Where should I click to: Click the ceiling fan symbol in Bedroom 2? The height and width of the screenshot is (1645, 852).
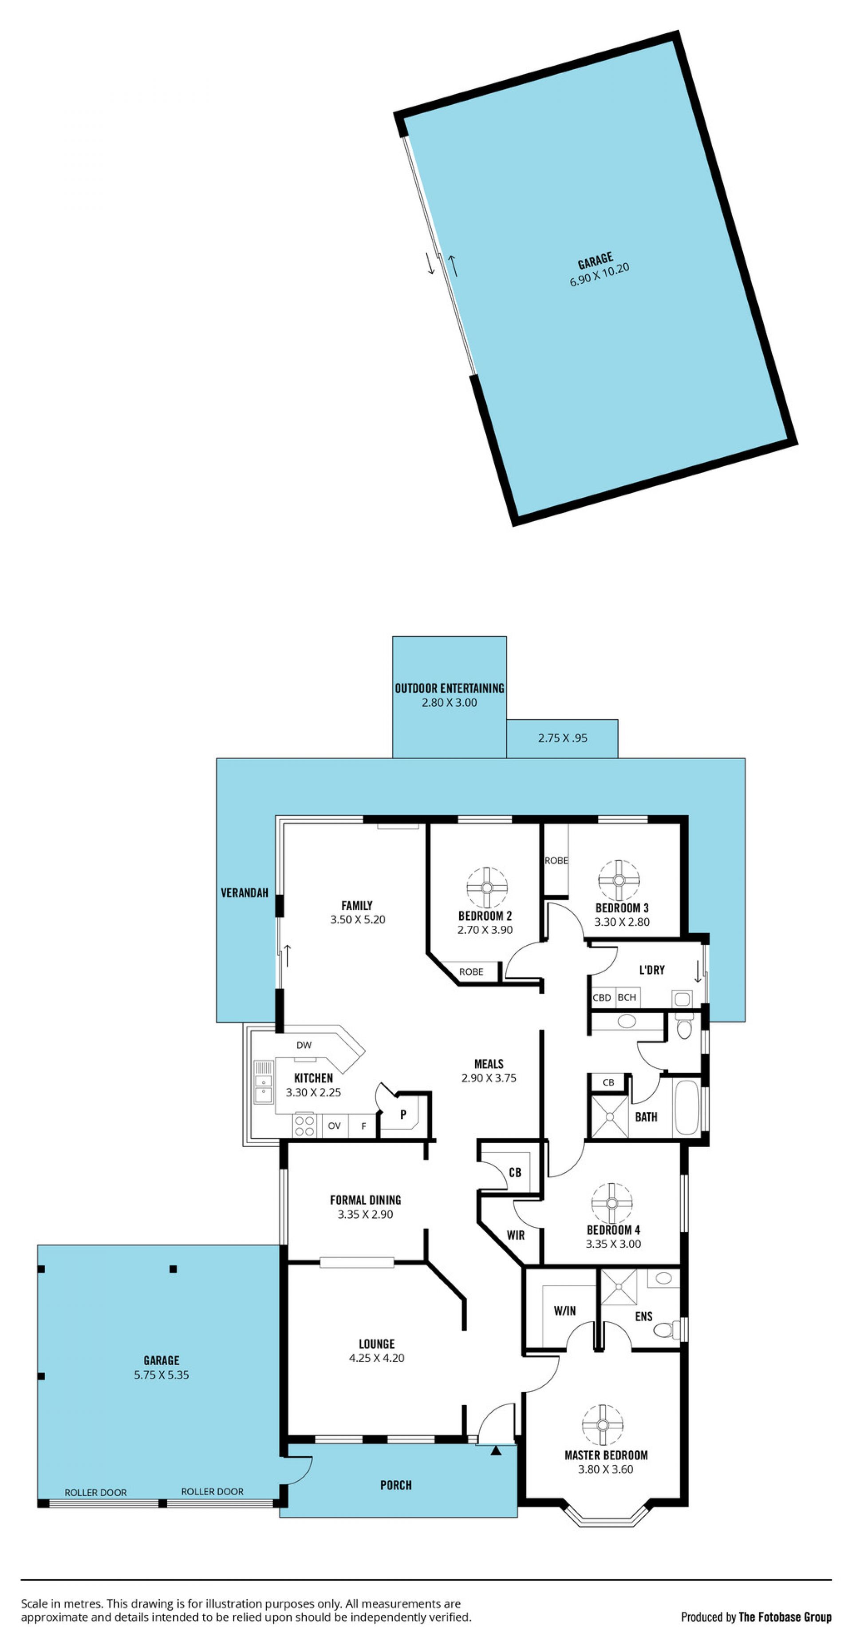[x=486, y=887]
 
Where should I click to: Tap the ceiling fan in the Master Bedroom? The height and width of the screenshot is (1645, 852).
[x=603, y=1425]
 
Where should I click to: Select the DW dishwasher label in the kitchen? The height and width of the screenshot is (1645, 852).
[x=304, y=1045]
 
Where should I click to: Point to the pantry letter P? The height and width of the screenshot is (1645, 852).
[x=403, y=1114]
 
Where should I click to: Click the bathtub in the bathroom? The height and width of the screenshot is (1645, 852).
[x=687, y=1108]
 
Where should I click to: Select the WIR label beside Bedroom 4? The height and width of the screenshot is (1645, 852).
[x=516, y=1235]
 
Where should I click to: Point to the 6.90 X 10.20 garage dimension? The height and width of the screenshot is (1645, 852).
[x=600, y=274]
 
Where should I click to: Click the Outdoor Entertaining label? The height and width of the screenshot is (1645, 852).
[x=449, y=688]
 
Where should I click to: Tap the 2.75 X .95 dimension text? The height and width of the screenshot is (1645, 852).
[x=562, y=737]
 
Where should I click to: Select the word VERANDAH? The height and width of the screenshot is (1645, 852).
[x=245, y=893]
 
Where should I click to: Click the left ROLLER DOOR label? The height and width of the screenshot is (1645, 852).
[x=96, y=1492]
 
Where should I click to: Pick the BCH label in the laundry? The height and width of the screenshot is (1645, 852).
[x=627, y=997]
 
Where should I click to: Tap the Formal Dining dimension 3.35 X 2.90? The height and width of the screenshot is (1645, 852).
[x=366, y=1214]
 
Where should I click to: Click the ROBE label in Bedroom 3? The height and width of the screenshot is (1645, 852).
[x=556, y=860]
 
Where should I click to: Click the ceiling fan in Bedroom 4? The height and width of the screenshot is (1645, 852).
[x=612, y=1203]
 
